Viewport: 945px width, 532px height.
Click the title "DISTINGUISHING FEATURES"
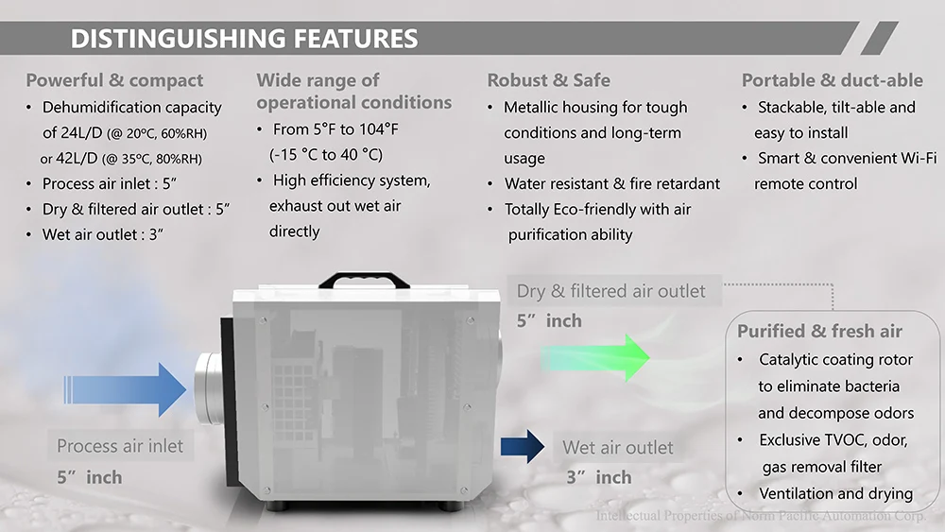(x=244, y=39)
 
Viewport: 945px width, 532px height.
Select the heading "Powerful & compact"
(x=114, y=80)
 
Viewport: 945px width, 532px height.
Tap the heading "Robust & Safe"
(x=548, y=80)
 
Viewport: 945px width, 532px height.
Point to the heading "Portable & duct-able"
(x=832, y=80)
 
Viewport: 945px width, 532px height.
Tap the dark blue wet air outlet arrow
(x=523, y=445)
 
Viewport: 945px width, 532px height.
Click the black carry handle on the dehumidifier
(x=364, y=281)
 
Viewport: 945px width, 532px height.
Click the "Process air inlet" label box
(x=120, y=446)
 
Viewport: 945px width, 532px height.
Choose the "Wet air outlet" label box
(x=618, y=448)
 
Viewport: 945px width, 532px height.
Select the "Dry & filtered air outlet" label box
(x=610, y=291)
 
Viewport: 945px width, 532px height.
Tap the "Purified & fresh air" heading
(x=819, y=332)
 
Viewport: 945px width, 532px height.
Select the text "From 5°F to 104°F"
(x=341, y=129)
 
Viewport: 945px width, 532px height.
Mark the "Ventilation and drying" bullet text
(x=835, y=493)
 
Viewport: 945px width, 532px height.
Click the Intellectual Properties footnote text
(x=762, y=516)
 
